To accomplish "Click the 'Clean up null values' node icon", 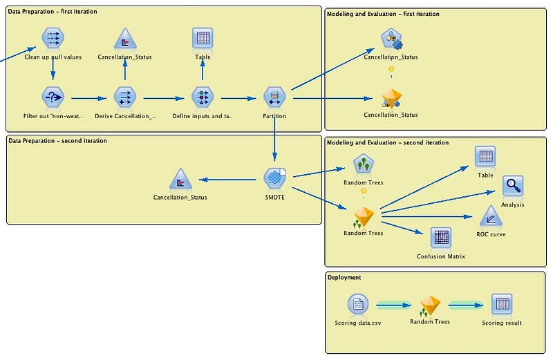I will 53,39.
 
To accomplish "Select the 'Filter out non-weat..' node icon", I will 53,98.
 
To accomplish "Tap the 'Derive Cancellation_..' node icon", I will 125,98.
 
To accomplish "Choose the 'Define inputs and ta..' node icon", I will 202,98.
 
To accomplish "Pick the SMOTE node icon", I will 275,179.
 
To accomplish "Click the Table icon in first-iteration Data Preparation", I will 203,39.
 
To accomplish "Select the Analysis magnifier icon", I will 512,186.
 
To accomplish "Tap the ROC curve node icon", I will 491,216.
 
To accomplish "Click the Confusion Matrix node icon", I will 441,238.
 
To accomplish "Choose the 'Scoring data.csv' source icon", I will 357,304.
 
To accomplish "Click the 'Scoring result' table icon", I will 502,304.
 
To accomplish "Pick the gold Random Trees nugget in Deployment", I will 430,305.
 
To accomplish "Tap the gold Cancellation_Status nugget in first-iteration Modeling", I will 391,98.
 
